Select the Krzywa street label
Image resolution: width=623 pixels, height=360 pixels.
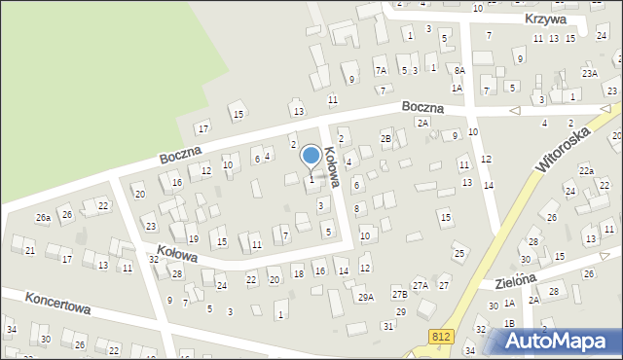click(x=545, y=19)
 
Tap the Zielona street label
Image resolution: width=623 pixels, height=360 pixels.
click(x=516, y=279)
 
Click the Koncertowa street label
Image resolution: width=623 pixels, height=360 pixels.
click(x=58, y=303)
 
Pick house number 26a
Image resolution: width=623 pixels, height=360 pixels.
click(x=44, y=218)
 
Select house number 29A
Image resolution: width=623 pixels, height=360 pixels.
click(x=366, y=297)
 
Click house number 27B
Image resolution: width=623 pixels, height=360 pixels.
click(x=399, y=294)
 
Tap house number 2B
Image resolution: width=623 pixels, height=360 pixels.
click(x=385, y=140)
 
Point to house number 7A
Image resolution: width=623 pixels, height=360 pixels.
click(x=382, y=70)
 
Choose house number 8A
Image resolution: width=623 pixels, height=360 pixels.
click(x=459, y=70)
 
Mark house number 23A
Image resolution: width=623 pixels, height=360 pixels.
click(x=590, y=73)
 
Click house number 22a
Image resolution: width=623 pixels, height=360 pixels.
click(x=586, y=170)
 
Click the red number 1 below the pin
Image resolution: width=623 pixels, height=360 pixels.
click(x=311, y=179)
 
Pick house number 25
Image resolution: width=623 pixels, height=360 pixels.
click(x=459, y=254)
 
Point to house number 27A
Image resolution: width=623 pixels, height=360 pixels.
click(x=421, y=285)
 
